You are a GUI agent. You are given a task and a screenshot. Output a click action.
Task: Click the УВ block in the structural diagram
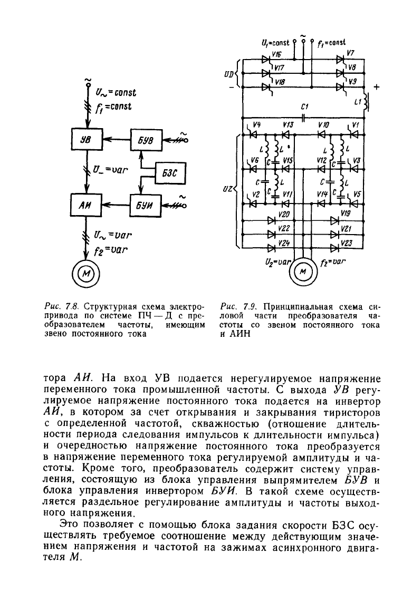85,139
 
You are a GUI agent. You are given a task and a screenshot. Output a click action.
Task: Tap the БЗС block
170,172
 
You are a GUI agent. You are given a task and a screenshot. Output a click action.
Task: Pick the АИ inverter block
85,205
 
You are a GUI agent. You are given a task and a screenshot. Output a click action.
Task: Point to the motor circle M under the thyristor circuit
302,271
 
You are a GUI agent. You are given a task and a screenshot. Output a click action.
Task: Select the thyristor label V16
277,54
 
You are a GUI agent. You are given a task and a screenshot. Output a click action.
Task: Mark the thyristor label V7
350,53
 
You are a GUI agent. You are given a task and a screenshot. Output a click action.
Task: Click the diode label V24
284,243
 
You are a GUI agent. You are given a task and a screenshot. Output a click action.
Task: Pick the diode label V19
346,213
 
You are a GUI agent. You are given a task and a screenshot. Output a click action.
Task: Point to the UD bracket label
229,74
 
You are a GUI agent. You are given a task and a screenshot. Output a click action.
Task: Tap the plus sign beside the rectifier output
376,88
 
